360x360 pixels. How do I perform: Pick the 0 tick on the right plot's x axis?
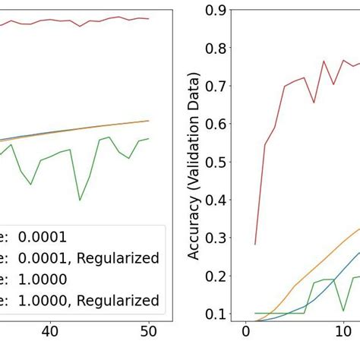(x=245, y=332)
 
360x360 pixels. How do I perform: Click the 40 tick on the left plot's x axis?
(x=50, y=332)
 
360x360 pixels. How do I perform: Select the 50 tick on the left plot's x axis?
(x=149, y=332)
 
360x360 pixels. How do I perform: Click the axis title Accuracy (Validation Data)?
(x=194, y=166)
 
